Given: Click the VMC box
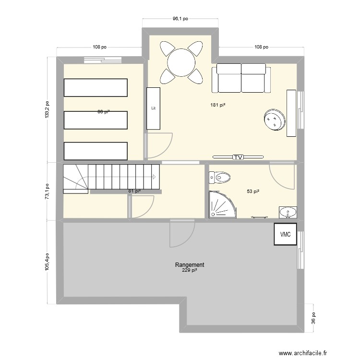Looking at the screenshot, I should click(286, 235).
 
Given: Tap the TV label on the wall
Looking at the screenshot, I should click(238, 157).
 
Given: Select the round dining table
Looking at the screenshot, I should click(181, 61).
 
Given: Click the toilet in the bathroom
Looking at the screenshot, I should click(220, 178).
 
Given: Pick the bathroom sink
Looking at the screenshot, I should click(288, 212).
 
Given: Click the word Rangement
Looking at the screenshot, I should click(190, 265).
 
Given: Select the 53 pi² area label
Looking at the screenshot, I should click(253, 192).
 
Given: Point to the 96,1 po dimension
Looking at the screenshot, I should click(180, 19).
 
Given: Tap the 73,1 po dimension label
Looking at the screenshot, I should click(47, 191).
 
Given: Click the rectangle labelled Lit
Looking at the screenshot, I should click(153, 108).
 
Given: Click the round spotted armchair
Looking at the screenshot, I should click(274, 119).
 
